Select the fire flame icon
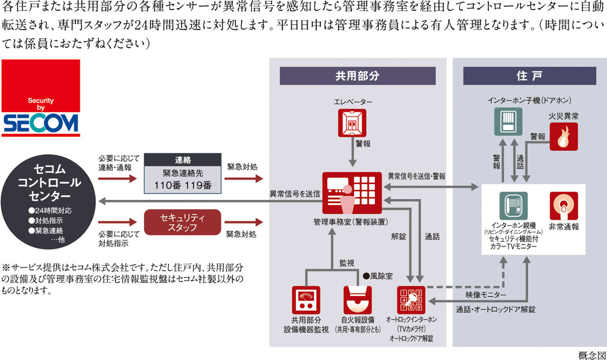(x=563, y=137)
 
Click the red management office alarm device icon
(x=352, y=193)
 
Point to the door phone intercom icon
(x=508, y=122)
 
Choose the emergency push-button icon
(x=563, y=206)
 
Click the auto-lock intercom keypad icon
(x=412, y=300)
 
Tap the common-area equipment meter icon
(x=306, y=300)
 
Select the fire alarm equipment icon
(x=358, y=300)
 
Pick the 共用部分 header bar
(x=358, y=76)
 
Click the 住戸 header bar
(x=529, y=76)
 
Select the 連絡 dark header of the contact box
(x=183, y=160)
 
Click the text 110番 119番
(x=183, y=185)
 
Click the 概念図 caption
(x=592, y=355)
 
